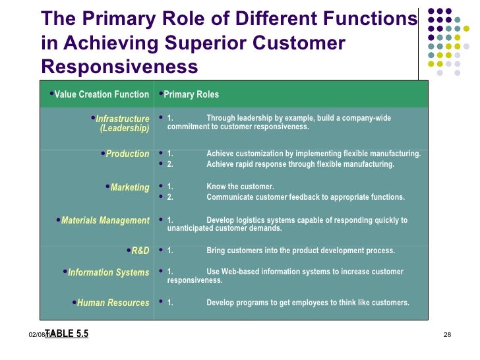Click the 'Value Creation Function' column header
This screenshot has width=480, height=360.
pos(102,94)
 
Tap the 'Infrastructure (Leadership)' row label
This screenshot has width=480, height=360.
pos(123,123)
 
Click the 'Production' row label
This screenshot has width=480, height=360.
pos(128,154)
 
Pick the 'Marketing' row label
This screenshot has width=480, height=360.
pos(130,187)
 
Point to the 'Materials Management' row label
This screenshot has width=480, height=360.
pos(105,220)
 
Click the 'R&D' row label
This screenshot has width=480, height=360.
pos(140,251)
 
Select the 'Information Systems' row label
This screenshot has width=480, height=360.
pos(109,272)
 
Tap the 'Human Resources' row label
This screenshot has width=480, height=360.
pos(113,303)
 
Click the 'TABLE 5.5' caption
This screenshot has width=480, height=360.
pos(67,334)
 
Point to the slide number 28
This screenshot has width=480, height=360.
pos(446,336)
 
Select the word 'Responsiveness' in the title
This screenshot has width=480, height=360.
pos(119,67)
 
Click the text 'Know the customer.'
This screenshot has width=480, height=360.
pos(240,187)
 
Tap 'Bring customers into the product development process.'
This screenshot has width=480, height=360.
pos(301,251)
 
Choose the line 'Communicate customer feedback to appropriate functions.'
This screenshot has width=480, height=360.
pos(306,197)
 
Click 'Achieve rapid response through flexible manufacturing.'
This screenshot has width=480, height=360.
pos(301,164)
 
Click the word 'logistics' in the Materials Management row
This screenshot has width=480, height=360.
pos(258,220)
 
